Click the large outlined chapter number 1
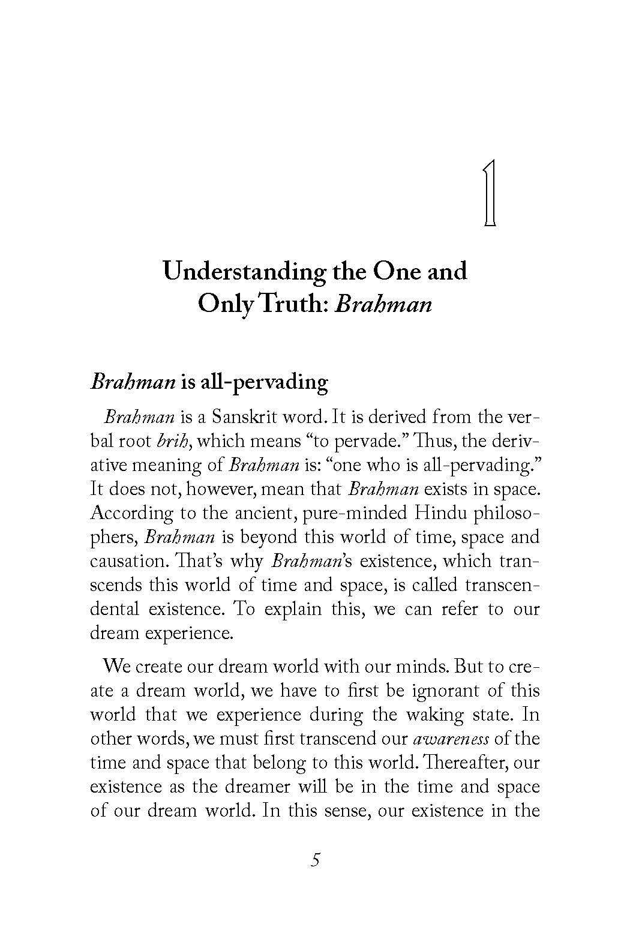click(x=490, y=193)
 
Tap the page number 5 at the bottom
click(x=316, y=860)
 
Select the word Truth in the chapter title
click(x=293, y=304)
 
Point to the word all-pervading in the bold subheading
click(x=264, y=382)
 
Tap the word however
click(x=221, y=489)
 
